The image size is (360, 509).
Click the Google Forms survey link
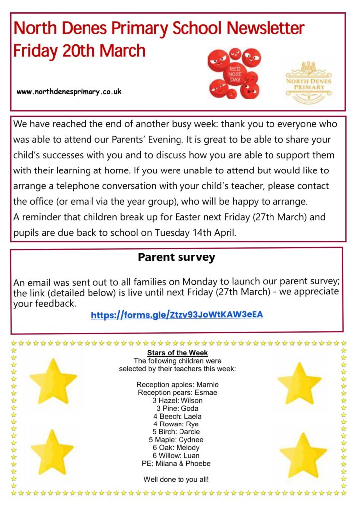pos(177,315)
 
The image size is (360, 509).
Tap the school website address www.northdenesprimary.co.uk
pos(69,92)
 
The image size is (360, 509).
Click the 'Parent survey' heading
pos(177,257)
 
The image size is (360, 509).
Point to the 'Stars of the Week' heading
pos(178,353)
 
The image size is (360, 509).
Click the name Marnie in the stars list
pos(207,384)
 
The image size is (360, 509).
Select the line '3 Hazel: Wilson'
pos(178,400)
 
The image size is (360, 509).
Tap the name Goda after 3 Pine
pos(190,408)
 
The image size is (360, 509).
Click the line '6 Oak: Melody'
pos(177,448)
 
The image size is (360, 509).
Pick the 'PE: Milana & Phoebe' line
pos(177,464)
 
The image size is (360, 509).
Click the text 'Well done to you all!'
pos(177,480)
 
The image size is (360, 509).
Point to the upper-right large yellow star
pos(300,382)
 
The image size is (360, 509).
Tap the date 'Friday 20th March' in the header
pos(80,51)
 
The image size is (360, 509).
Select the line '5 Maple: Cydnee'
pos(177,440)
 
